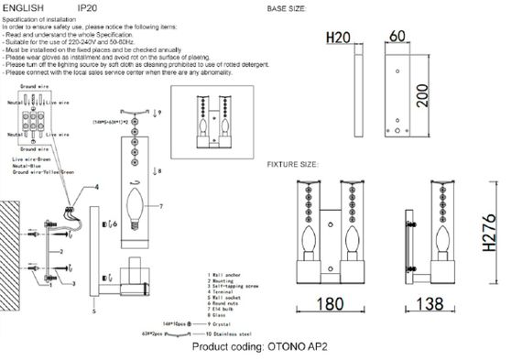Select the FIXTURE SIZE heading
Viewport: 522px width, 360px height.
pos(293,165)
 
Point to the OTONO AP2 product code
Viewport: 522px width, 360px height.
pos(299,349)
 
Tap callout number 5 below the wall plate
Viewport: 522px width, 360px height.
pos(94,311)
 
